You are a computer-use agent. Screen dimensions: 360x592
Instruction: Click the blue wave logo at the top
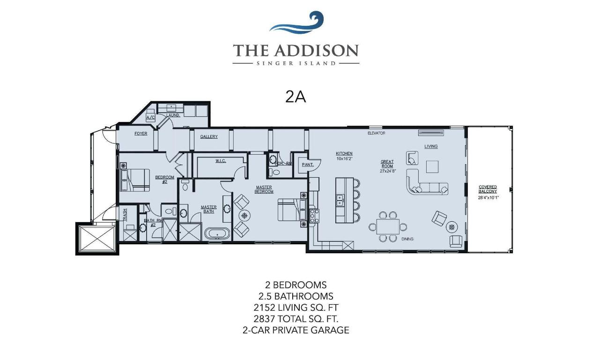coord(296,23)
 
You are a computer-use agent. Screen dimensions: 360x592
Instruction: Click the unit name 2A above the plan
coord(296,96)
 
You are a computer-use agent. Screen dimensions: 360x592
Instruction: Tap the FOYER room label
coord(141,134)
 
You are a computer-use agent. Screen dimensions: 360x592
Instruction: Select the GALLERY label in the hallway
coord(209,136)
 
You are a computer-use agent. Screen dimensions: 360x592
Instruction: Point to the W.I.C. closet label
coord(221,161)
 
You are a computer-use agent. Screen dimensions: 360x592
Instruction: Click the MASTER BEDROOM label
coord(264,189)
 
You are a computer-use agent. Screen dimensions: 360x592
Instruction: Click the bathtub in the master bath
coord(217,233)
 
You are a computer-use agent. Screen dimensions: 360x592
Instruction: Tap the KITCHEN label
coord(344,153)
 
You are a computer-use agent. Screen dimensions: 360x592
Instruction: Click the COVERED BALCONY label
coord(488,189)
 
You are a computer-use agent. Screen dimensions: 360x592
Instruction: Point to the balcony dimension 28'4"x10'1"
coord(488,197)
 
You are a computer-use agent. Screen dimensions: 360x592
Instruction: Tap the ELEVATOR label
coord(376,133)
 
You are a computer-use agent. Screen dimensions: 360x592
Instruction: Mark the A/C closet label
coord(150,117)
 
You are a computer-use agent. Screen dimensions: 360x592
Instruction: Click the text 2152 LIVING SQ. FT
coord(296,307)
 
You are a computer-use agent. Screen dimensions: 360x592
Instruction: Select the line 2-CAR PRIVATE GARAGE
coord(296,330)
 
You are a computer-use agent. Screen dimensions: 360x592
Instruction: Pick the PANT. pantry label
coord(307,165)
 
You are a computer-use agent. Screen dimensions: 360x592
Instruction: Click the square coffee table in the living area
coord(432,166)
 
